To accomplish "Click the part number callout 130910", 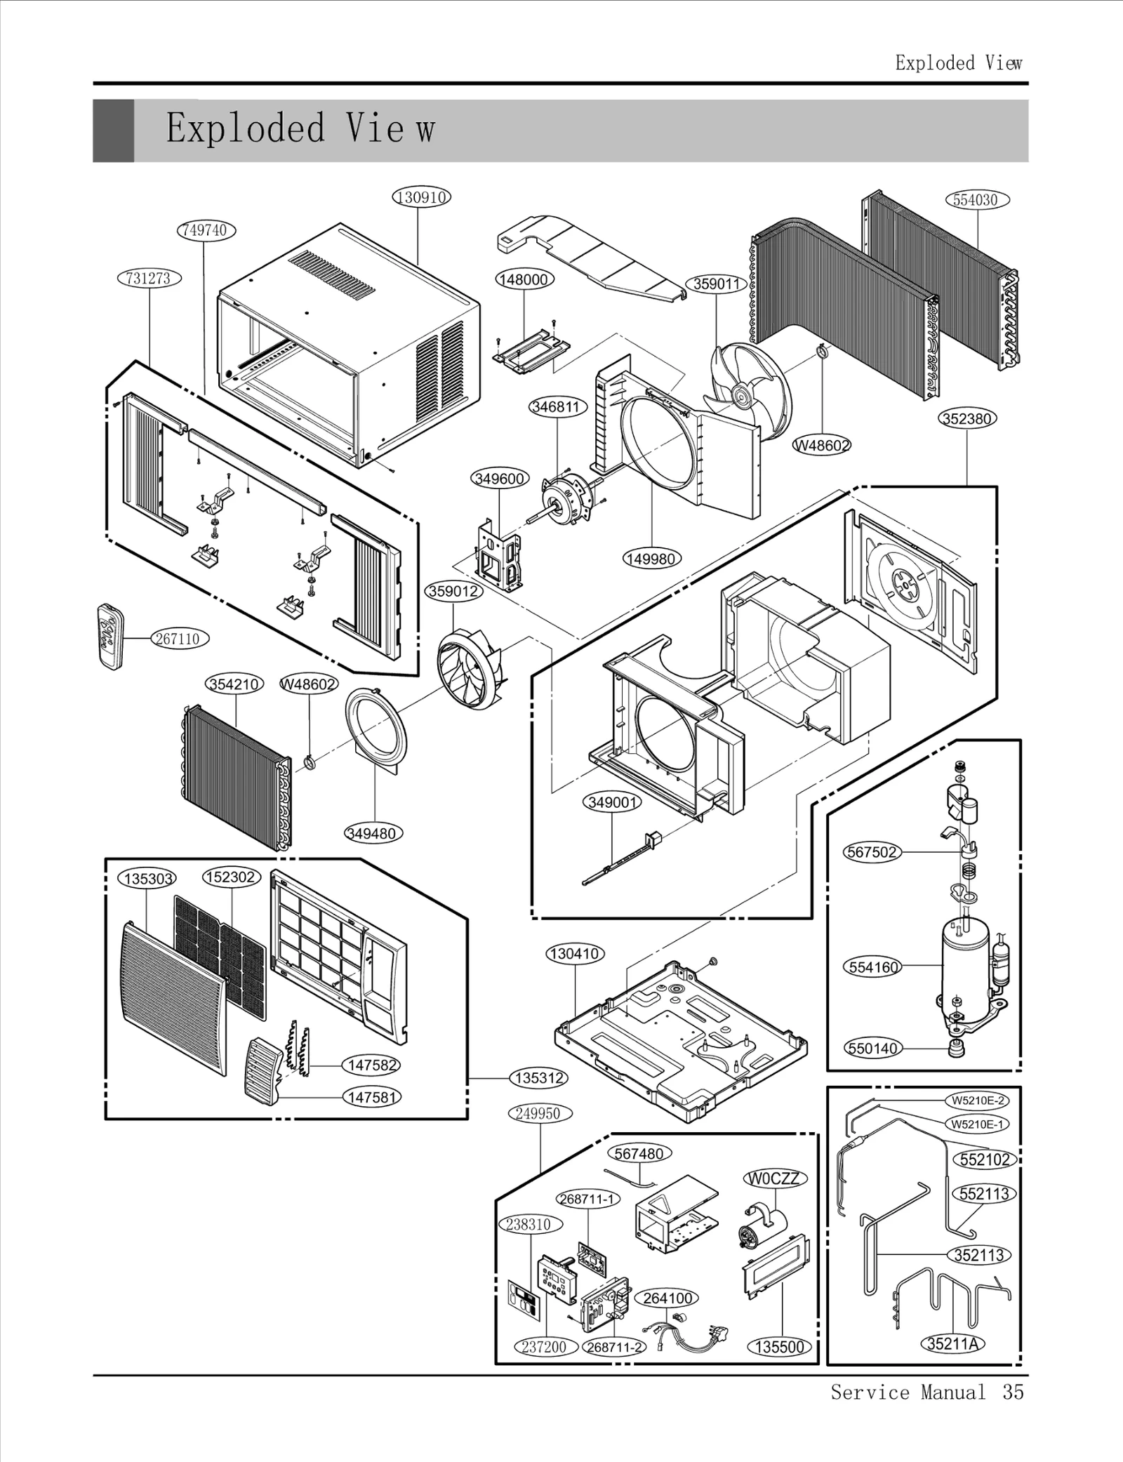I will click(420, 197).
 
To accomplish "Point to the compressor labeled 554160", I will click(965, 967).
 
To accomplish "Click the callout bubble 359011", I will click(716, 284).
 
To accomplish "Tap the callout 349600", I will click(499, 479).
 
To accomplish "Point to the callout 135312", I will click(538, 1077).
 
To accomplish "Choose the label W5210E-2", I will click(978, 1100).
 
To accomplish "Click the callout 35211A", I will click(952, 1343).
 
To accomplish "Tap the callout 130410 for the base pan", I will click(575, 954).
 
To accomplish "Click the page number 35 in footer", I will click(1013, 1392).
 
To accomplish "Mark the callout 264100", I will click(667, 1298).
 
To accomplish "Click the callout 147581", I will click(372, 1096).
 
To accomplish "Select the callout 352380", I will click(967, 419).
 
